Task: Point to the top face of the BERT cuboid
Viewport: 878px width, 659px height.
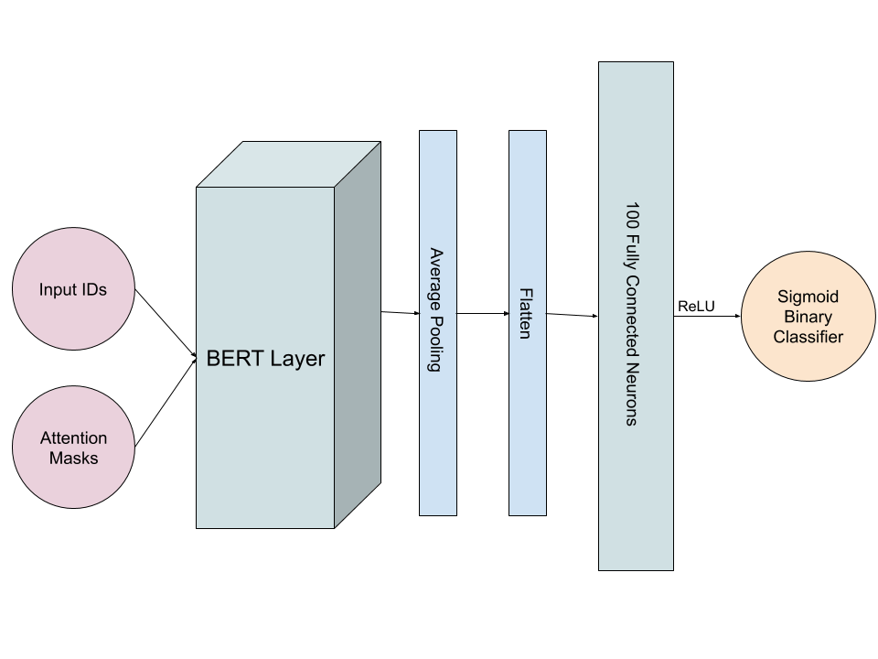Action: coord(288,165)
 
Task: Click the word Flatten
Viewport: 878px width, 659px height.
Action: coord(526,314)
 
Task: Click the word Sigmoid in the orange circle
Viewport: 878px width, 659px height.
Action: coord(808,297)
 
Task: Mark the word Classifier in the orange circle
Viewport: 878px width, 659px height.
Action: coord(808,337)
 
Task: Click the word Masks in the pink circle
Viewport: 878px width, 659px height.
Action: coord(73,458)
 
